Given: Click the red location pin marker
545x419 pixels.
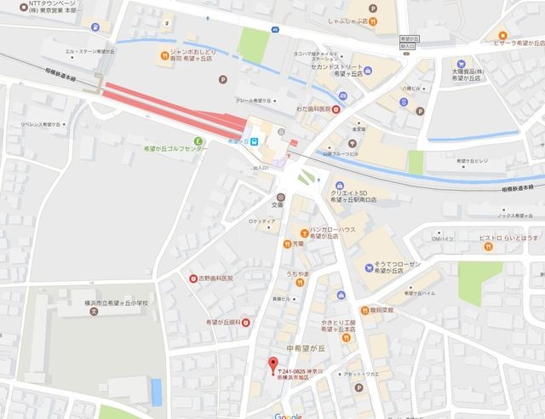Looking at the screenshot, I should coord(272,364).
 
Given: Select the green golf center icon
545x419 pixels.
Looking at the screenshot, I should coord(198,141).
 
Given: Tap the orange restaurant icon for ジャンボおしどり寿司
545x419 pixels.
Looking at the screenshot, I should coord(163,57).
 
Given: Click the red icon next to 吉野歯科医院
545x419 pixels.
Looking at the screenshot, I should coord(194,278).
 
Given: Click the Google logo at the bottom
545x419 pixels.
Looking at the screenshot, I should coord(289,415).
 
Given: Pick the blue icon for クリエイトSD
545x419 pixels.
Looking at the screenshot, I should coord(338,185).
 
